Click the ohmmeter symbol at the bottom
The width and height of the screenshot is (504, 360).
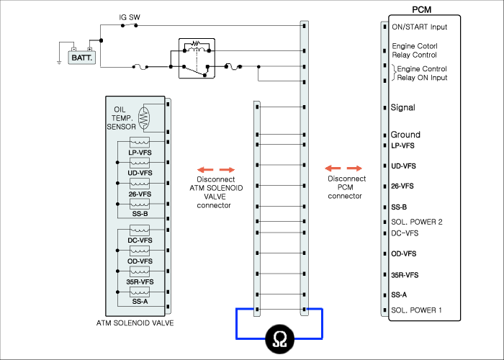pos(279,339)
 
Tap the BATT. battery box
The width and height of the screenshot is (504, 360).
pos(82,58)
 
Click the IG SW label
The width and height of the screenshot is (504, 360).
pos(130,17)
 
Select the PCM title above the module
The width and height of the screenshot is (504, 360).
pos(421,9)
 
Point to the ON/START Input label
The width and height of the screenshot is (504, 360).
pos(420,27)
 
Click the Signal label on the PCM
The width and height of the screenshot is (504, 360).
pos(402,107)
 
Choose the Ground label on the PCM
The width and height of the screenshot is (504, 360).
pos(405,135)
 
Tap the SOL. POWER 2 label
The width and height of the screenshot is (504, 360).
pos(417,222)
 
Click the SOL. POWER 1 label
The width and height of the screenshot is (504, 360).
pos(416,310)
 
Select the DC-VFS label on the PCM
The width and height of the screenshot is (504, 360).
pos(405,233)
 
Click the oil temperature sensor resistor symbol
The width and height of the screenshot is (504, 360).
pos(144,117)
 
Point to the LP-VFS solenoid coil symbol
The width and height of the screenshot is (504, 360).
pos(140,142)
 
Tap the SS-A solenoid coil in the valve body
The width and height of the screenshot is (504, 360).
pos(140,292)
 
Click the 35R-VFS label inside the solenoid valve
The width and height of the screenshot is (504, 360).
pos(140,282)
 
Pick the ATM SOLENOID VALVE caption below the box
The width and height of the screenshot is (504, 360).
pos(135,323)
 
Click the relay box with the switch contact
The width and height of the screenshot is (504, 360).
pos(197,58)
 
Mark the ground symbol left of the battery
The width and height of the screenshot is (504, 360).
pos(59,63)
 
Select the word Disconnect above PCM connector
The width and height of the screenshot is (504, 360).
pos(347,179)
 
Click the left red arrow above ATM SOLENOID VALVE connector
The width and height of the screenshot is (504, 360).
pos(205,170)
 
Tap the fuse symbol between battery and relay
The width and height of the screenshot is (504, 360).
pos(140,67)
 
